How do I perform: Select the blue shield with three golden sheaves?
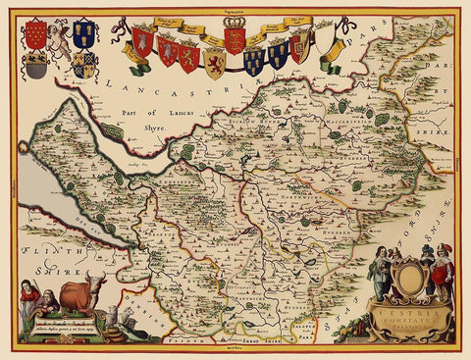point(81,35)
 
